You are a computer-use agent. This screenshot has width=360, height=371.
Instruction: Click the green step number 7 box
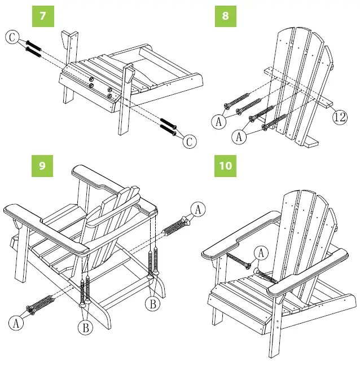click(43, 15)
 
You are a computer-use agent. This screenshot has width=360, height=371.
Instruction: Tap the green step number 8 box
click(225, 15)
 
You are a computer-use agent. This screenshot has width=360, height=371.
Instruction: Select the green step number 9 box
click(43, 166)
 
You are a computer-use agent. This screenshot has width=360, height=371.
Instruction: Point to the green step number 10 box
click(225, 166)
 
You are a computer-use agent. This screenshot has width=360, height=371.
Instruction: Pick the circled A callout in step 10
click(261, 254)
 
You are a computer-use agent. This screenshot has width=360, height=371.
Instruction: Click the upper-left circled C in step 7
click(12, 38)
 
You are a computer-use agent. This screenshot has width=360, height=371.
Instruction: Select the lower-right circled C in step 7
click(190, 142)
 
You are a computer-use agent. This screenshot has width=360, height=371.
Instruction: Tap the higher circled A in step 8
click(219, 120)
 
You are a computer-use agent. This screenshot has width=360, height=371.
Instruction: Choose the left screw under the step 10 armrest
click(239, 261)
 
